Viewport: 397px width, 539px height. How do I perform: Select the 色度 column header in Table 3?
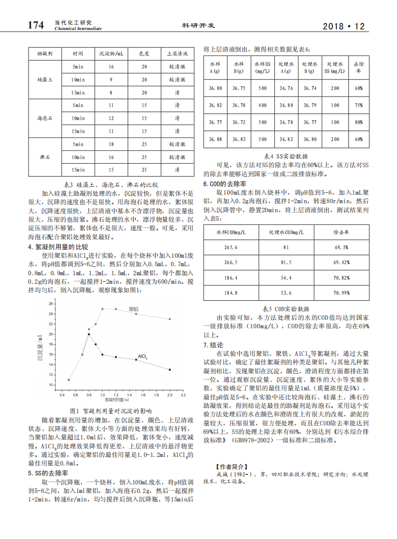tap(144, 53)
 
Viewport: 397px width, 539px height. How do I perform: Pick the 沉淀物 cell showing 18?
tap(111, 144)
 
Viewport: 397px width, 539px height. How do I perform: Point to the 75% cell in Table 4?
tap(358, 106)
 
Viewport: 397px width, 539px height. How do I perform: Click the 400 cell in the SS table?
tap(262, 106)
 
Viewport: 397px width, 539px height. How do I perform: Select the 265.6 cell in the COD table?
tap(231, 247)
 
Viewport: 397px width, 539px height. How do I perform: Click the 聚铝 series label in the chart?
tap(133, 309)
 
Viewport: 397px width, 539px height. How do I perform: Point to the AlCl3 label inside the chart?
tap(143, 357)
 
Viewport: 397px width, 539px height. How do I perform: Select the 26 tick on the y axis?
tap(51, 304)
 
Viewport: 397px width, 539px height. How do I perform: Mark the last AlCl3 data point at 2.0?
tap(170, 370)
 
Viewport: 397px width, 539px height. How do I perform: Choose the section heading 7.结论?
tap(213, 345)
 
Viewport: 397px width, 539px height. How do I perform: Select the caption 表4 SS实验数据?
tap(286, 156)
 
